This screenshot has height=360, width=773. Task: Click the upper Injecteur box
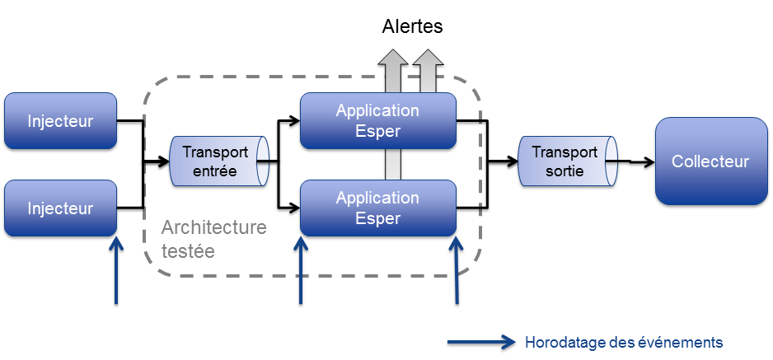[60, 122]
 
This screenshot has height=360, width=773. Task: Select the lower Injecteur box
[60, 209]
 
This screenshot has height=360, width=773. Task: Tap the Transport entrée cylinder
[219, 161]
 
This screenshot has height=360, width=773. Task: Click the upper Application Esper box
[377, 120]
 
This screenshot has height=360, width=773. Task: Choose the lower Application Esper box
[377, 208]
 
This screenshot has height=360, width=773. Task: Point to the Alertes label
[412, 27]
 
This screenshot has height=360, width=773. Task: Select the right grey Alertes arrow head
[428, 58]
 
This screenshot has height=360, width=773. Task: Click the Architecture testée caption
[213, 238]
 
